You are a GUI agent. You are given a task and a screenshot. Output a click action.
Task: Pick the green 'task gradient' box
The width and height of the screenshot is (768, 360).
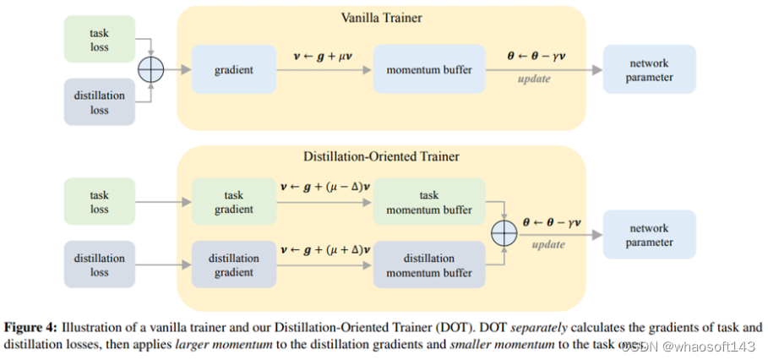233,201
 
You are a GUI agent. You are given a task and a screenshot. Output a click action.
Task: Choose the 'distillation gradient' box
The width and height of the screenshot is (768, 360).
233,265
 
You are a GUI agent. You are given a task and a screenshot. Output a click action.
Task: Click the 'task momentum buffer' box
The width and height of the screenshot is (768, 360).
429,201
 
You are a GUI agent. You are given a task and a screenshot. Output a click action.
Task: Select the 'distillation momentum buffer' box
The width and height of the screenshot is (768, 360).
429,265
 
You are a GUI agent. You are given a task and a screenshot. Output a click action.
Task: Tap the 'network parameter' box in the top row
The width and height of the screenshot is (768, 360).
649,70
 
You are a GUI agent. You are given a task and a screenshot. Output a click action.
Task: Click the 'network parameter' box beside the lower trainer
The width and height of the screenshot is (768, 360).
649,235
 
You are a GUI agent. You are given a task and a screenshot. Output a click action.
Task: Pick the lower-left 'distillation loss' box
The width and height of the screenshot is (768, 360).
100,265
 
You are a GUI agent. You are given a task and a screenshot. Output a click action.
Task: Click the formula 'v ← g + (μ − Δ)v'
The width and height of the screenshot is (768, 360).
323,185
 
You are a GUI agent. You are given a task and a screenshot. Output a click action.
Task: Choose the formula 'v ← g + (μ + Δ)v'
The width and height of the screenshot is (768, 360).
323,249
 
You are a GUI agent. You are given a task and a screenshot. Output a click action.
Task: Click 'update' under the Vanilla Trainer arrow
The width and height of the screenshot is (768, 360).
533,79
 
